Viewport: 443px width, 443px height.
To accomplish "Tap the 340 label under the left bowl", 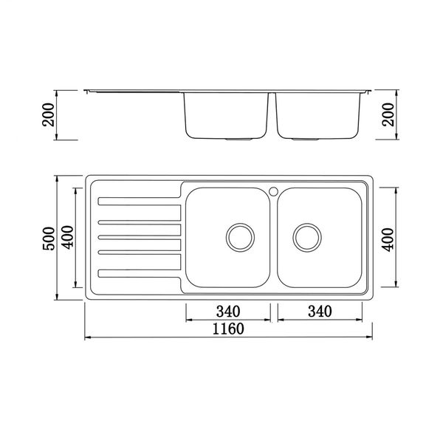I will click(229, 311).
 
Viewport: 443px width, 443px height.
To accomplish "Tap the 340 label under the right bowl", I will click(319, 311).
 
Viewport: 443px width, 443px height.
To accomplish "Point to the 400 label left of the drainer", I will click(68, 237).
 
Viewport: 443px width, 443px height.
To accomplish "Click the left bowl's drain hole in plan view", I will click(238, 237).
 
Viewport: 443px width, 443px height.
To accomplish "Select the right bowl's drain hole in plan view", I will click(307, 237).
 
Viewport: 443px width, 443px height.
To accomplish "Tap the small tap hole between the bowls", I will click(273, 190).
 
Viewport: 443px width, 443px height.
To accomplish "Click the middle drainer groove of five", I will click(140, 237).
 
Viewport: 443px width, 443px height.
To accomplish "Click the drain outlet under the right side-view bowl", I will click(306, 139).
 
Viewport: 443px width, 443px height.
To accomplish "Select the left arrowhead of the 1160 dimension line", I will click(86, 338).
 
